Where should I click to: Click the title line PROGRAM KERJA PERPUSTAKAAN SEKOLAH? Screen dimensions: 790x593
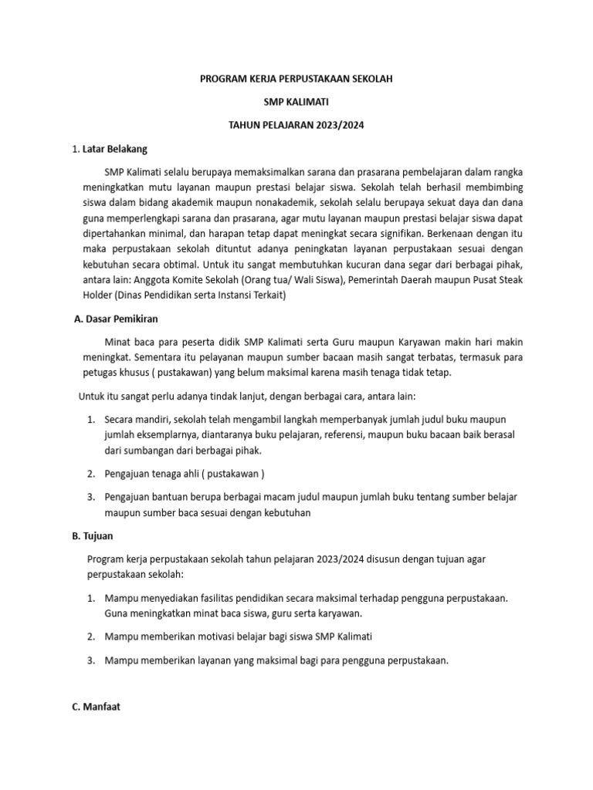pyautogui.click(x=296, y=79)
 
